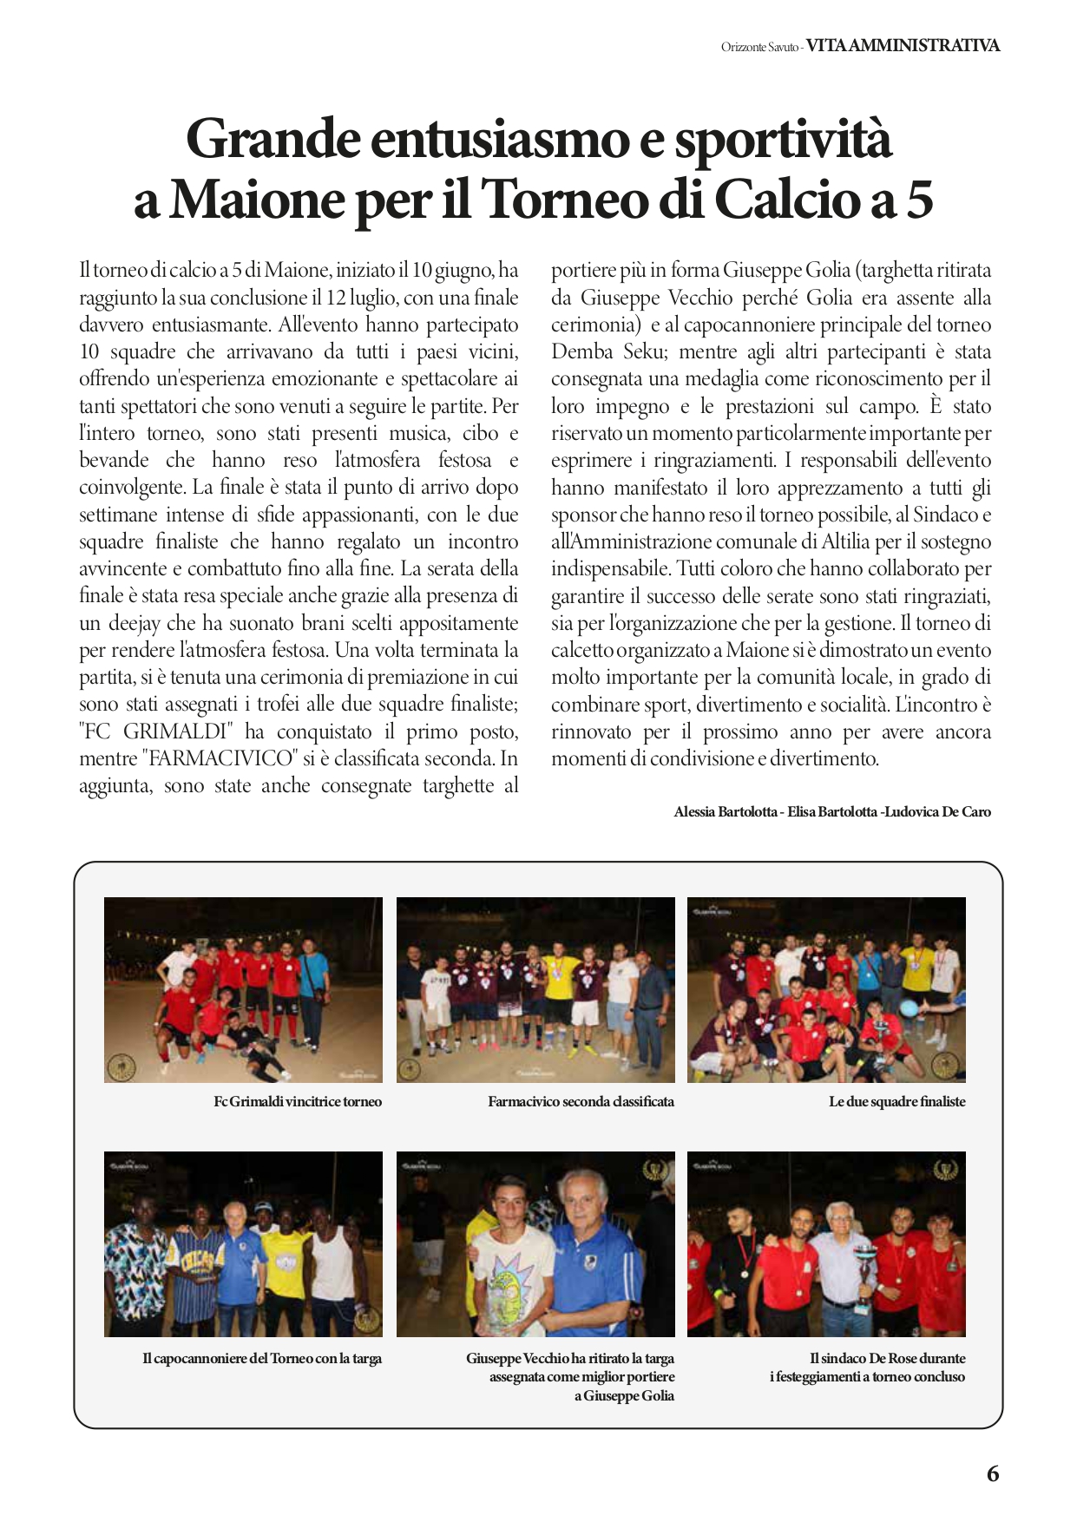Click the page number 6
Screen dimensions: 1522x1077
[993, 1473]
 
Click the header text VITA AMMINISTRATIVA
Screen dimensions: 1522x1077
[903, 46]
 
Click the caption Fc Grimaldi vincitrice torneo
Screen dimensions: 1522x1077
[298, 1102]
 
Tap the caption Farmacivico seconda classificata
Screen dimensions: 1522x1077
[581, 1102]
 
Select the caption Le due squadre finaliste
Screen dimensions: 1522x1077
[896, 1102]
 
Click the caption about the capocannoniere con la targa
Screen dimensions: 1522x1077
[262, 1359]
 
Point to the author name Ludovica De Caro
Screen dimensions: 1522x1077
[937, 812]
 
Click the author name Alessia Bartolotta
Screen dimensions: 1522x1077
[725, 812]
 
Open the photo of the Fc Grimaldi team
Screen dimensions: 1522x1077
[243, 989]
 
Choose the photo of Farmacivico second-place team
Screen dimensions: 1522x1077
[535, 989]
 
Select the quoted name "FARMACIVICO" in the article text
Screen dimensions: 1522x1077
[220, 758]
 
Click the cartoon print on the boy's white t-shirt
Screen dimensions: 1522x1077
[511, 1284]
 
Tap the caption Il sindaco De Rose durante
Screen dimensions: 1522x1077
[887, 1359]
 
